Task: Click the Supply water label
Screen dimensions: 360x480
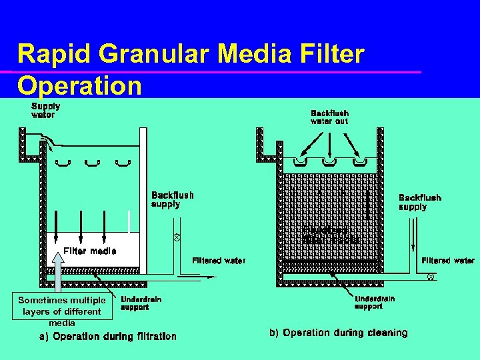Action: [x=45, y=110]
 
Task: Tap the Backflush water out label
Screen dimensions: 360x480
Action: [x=329, y=117]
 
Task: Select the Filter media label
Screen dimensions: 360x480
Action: [x=89, y=251]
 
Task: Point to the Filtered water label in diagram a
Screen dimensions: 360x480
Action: [x=219, y=260]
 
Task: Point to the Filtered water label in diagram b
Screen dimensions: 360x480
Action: [x=448, y=260]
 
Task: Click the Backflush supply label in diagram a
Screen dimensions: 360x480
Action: [x=173, y=199]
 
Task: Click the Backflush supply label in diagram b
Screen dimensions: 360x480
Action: [x=419, y=202]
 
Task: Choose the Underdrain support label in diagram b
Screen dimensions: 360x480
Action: [x=374, y=303]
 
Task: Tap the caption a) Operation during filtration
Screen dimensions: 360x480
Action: [x=108, y=337]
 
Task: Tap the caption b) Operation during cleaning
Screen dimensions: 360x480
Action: [x=338, y=333]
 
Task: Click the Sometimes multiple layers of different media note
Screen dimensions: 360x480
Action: [x=61, y=311]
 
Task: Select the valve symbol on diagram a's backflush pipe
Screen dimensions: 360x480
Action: [x=177, y=237]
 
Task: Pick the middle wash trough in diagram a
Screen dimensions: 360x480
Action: [x=91, y=162]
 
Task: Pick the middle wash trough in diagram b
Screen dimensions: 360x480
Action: [x=329, y=162]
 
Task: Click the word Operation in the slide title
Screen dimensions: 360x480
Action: [x=79, y=85]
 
